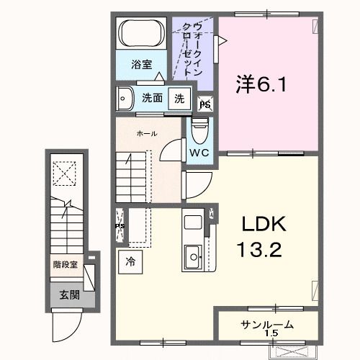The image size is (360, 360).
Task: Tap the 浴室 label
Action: point(141,65)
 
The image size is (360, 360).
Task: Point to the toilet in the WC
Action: point(199,132)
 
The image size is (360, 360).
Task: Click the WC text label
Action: point(199,153)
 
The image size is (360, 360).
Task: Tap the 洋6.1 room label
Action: point(262,84)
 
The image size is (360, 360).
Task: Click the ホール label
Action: point(147,134)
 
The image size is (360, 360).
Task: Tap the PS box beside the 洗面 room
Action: point(204,104)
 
